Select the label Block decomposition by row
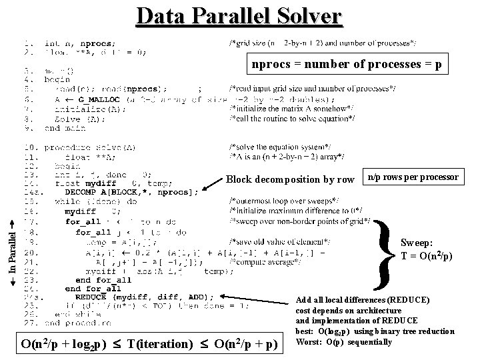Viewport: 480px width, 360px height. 290,179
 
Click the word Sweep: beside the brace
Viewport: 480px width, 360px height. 417,243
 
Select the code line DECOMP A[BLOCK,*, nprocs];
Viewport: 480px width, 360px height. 132,193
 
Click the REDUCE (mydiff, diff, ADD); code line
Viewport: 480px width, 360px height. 145,297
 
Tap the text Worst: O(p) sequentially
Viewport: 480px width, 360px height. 343,342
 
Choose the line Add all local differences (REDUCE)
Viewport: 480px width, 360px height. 363,300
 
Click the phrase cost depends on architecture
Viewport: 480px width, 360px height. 349,311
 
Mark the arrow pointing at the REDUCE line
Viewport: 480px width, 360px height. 257,297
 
